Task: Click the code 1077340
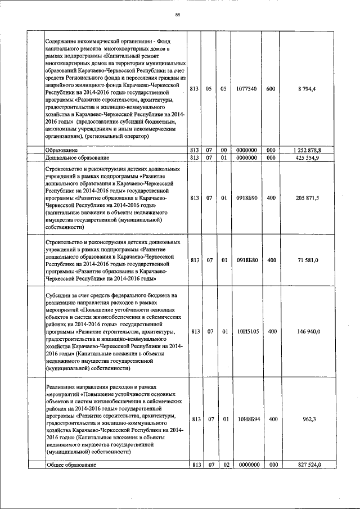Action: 246,89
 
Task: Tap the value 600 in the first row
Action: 271,89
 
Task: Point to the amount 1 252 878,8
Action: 308,151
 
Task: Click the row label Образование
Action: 62,151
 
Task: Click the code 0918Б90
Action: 247,198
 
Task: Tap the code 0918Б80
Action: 247,260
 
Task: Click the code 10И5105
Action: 247,332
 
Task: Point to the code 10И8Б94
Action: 247,419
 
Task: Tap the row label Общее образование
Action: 71,465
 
